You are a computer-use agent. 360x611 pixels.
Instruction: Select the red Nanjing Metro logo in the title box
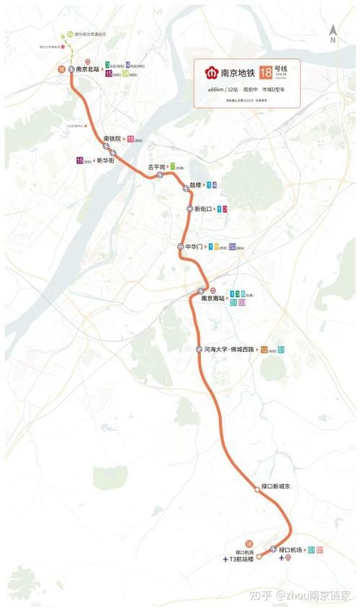[x=210, y=73]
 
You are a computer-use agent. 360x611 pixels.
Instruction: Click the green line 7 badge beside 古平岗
[x=173, y=166]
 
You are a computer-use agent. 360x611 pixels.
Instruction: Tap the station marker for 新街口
[x=189, y=209]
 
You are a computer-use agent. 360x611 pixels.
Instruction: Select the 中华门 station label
[x=196, y=247]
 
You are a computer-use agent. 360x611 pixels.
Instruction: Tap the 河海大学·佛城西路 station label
[x=230, y=349]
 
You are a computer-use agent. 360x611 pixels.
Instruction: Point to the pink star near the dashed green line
[x=63, y=47]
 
